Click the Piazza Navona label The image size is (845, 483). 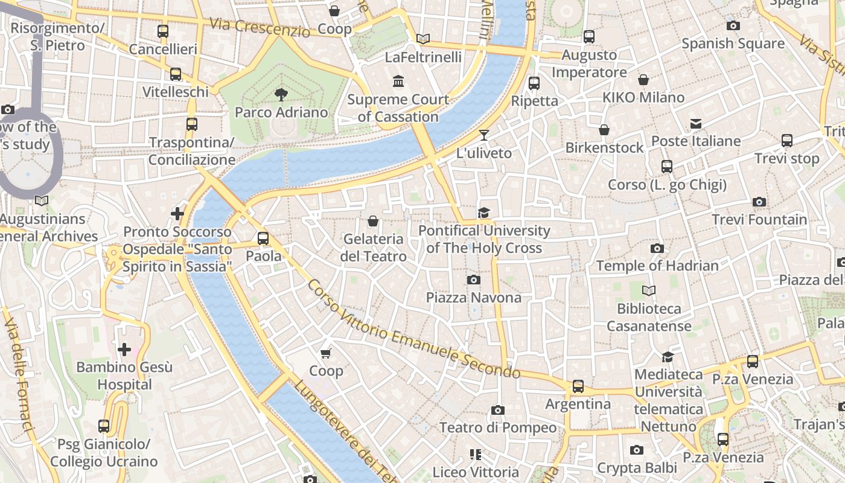coord(473,298)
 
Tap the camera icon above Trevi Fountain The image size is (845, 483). coord(759,202)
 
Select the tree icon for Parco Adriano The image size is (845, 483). coord(281,94)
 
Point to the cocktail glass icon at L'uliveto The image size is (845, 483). coord(484,135)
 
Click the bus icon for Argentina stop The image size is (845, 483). coord(578,386)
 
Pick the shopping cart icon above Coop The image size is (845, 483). coord(326,353)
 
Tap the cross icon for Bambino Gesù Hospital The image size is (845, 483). coord(124,349)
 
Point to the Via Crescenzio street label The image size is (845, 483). coord(260,27)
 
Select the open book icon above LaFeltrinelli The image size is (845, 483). coord(423,39)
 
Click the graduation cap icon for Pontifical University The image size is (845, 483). coord(483,213)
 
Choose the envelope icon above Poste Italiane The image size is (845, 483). coord(696,124)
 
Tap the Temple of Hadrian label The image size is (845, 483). coord(657,266)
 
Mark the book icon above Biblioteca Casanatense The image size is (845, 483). coord(649,291)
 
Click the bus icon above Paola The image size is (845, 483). coord(263,238)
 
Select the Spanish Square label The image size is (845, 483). coord(733,43)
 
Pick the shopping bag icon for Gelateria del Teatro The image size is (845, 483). coord(373,221)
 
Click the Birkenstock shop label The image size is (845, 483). coord(604,148)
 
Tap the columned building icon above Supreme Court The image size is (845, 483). coord(398,81)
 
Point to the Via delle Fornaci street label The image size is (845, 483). coord(19,375)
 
